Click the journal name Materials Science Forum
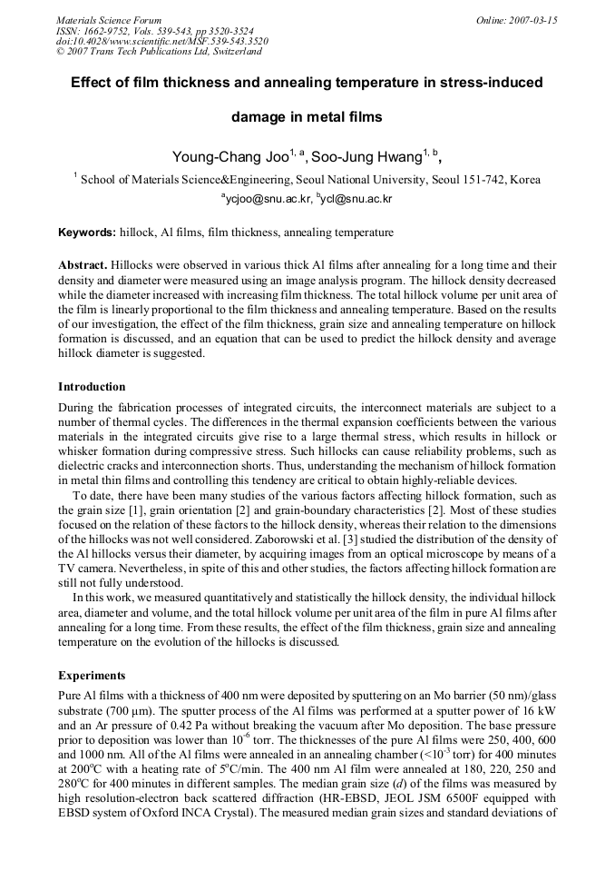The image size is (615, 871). coord(109,20)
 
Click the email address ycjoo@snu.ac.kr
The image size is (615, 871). coord(267,197)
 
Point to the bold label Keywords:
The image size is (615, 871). coord(87,233)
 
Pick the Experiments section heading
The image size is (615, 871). coord(93,675)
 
